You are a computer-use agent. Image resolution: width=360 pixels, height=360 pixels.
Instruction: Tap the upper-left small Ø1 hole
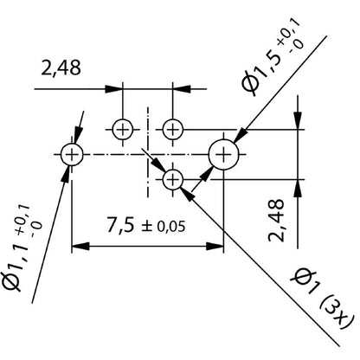[122, 129]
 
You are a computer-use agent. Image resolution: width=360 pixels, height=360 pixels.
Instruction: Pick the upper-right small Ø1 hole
[173, 129]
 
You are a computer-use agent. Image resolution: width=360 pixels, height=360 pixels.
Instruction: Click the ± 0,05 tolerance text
[164, 228]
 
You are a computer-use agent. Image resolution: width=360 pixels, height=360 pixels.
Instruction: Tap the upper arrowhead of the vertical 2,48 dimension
[299, 123]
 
